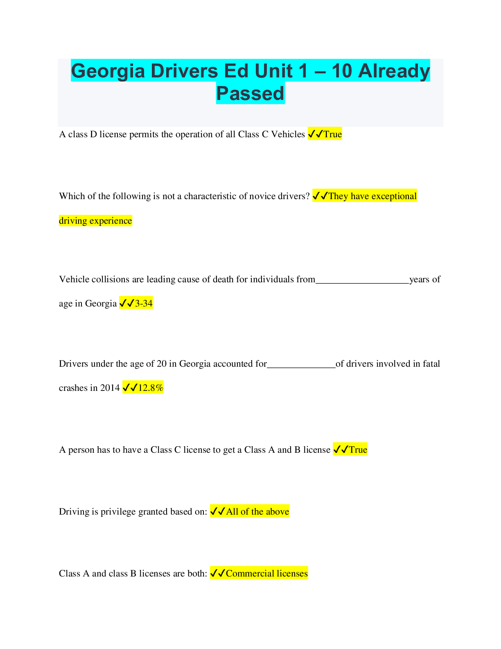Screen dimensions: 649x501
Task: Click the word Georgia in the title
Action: click(x=108, y=71)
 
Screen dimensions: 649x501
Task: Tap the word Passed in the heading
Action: click(x=250, y=93)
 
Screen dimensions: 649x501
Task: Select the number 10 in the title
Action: click(x=342, y=71)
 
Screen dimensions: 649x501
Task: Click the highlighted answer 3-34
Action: click(x=144, y=304)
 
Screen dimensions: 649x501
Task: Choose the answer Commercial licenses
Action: click(x=266, y=574)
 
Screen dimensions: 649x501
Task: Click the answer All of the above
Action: click(x=257, y=512)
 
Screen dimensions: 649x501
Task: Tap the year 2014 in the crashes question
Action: click(x=110, y=388)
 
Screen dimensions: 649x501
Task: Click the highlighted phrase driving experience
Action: click(x=95, y=221)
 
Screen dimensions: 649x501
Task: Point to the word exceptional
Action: click(x=393, y=196)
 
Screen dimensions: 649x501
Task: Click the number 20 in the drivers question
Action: click(x=161, y=364)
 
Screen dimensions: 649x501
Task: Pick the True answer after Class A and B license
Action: click(x=358, y=450)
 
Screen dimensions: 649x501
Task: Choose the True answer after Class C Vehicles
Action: click(x=332, y=134)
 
